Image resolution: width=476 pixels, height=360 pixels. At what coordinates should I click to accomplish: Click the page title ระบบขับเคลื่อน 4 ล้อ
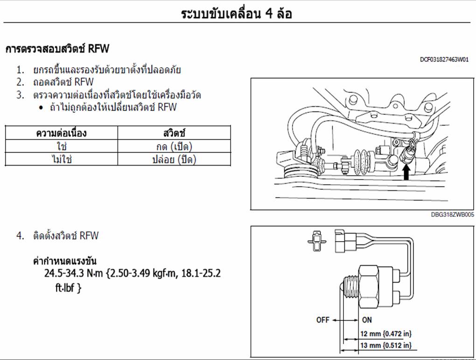(x=236, y=14)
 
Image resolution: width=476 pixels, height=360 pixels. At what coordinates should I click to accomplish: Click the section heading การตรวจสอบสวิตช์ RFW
(x=57, y=48)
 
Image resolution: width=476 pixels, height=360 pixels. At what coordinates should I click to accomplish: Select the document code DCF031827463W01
(x=444, y=59)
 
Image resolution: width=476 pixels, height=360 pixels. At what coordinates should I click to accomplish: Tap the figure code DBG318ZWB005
(x=452, y=215)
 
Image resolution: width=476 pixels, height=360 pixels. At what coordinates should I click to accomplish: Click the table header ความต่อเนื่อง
(x=61, y=133)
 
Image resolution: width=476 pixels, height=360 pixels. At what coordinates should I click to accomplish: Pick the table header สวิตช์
(x=174, y=133)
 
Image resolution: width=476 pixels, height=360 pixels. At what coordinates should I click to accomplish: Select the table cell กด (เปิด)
(x=174, y=146)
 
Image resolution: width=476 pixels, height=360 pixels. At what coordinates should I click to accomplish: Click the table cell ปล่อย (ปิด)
(x=174, y=159)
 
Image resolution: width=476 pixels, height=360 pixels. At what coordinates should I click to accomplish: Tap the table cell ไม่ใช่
(x=62, y=159)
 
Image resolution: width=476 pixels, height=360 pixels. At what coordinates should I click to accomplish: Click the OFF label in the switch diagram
(x=322, y=320)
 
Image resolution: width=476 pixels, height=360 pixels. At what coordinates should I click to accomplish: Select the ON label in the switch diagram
(x=367, y=320)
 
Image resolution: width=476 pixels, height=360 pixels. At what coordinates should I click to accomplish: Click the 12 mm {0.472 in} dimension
(x=386, y=334)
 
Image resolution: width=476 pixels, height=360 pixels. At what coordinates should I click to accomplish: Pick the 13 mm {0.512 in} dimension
(x=386, y=345)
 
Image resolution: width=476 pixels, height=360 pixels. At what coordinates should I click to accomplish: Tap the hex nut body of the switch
(x=369, y=287)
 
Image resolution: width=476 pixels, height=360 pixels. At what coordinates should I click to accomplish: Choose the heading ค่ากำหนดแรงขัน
(x=65, y=261)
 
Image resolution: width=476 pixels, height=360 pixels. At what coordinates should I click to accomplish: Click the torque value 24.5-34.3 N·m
(x=73, y=273)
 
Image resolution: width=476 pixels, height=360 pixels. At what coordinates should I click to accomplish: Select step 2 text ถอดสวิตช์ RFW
(x=63, y=82)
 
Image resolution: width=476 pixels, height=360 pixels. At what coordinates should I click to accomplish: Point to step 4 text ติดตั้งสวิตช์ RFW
(x=66, y=235)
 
